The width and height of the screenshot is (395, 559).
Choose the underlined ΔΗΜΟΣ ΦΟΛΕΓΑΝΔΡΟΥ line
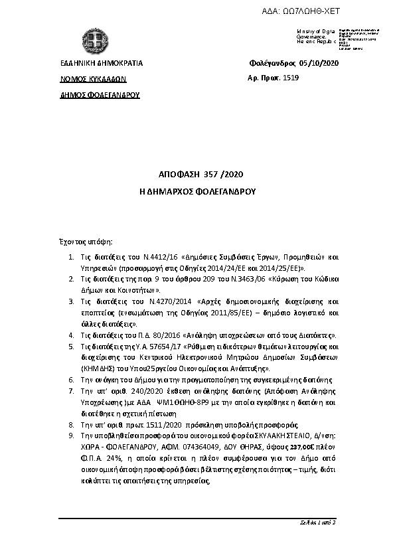point(100,95)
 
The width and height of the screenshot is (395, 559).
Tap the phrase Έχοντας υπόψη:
point(82,242)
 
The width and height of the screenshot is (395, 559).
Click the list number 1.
point(72,256)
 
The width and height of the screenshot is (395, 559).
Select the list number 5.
point(72,347)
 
